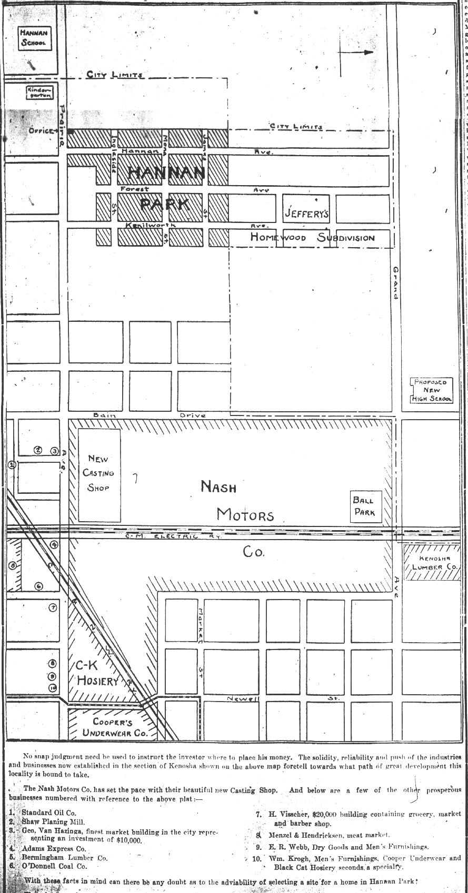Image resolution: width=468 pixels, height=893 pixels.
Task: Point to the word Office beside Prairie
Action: pyautogui.click(x=42, y=130)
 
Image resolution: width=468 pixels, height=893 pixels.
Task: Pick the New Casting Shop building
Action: pyautogui.click(x=99, y=473)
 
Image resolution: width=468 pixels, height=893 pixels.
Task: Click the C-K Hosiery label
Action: pyautogui.click(x=97, y=673)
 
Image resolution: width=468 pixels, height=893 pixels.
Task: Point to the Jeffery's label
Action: pyautogui.click(x=306, y=214)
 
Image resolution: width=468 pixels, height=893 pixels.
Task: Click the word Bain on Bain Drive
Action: pyautogui.click(x=104, y=415)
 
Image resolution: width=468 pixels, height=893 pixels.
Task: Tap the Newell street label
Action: pyautogui.click(x=244, y=698)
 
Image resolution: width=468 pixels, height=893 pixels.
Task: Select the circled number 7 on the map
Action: pyautogui.click(x=52, y=608)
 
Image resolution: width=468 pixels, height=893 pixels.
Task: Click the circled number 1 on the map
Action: pyautogui.click(x=13, y=464)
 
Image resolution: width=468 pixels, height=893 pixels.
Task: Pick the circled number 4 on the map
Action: pyautogui.click(x=54, y=545)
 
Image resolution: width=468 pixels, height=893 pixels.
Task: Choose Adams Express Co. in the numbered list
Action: pyautogui.click(x=54, y=848)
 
